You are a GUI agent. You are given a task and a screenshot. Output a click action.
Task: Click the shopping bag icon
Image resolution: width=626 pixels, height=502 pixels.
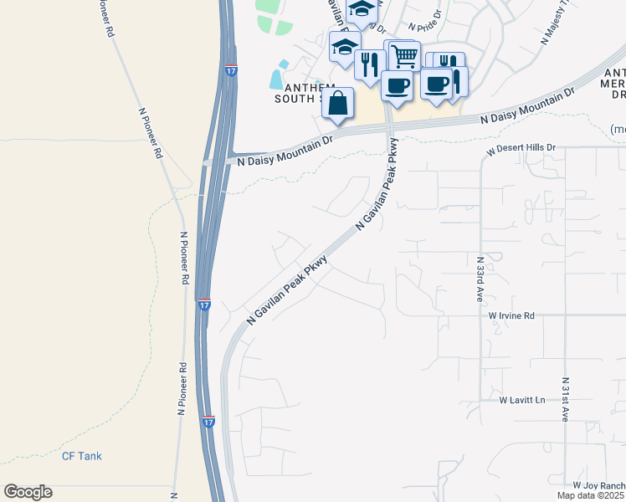(x=337, y=104)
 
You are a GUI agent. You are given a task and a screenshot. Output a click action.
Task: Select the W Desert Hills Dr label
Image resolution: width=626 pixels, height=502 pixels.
(x=521, y=147)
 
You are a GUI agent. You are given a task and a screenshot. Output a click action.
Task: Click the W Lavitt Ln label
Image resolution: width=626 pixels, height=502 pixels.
(x=522, y=400)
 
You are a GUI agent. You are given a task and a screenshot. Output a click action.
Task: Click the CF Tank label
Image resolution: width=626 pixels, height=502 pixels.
(x=81, y=456)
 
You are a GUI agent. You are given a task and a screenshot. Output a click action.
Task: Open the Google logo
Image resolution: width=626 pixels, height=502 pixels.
(x=28, y=492)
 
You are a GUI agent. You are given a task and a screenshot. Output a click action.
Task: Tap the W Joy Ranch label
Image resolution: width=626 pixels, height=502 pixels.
(x=599, y=485)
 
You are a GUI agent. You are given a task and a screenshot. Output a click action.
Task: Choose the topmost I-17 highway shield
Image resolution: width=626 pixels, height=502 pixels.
(x=231, y=70)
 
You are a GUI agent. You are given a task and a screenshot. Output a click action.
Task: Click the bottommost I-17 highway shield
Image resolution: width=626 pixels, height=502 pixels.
(x=208, y=422)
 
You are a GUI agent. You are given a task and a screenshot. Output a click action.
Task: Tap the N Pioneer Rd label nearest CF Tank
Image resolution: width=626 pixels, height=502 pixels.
(x=181, y=389)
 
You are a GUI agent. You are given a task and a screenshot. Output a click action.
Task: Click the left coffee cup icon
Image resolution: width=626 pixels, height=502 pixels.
(x=397, y=85)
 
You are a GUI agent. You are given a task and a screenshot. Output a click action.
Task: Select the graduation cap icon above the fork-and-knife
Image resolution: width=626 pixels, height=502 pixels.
(x=344, y=48)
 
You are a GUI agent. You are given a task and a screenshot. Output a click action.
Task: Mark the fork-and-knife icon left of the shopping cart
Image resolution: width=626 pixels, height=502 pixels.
(x=370, y=64)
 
